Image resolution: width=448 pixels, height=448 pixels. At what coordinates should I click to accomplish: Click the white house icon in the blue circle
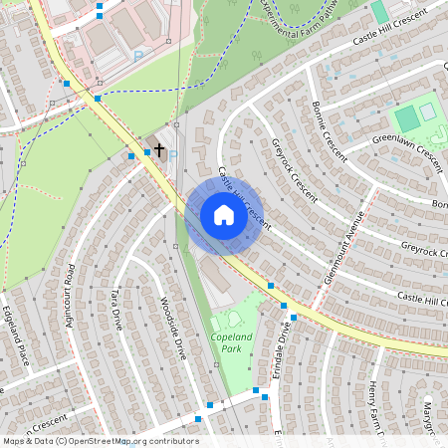click(x=223, y=215)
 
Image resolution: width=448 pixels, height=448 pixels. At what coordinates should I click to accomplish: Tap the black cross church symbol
click(x=158, y=148)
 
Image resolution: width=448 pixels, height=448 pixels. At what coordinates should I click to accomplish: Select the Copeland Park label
click(x=231, y=342)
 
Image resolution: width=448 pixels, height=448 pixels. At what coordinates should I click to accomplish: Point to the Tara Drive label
click(x=116, y=311)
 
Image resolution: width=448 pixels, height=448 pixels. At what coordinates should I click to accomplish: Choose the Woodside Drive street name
click(x=173, y=328)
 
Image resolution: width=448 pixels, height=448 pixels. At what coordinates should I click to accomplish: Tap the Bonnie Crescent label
click(x=328, y=131)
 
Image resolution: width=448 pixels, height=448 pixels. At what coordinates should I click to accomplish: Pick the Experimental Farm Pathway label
click(x=299, y=14)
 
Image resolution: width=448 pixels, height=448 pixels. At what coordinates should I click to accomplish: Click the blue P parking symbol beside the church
click(x=172, y=156)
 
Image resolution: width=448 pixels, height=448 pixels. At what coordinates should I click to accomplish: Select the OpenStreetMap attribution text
click(x=101, y=441)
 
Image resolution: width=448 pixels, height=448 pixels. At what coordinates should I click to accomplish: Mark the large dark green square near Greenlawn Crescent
click(x=406, y=118)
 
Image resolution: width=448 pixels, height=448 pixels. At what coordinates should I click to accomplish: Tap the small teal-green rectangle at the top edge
click(x=379, y=12)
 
